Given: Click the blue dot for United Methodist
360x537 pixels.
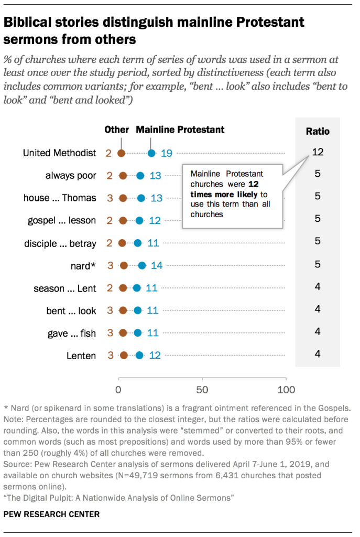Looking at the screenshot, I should tap(151, 153).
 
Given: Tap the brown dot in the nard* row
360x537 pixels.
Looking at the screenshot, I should tap(124, 266).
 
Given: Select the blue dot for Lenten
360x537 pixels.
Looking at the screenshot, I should tap(139, 356).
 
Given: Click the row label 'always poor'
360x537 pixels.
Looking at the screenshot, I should tap(71, 176).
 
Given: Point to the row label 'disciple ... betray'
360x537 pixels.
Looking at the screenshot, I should tap(60, 243).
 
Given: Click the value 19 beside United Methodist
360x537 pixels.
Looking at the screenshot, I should tap(167, 153).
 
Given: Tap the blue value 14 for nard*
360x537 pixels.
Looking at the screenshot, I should tap(157, 266).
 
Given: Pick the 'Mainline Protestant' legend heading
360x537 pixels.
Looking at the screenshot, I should tap(180, 130).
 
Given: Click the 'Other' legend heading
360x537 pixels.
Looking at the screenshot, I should tap(116, 130).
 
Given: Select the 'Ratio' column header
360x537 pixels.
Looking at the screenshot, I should tap(318, 131).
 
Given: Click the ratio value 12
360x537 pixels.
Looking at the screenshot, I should tap(318, 152).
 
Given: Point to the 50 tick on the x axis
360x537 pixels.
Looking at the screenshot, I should tap(202, 390).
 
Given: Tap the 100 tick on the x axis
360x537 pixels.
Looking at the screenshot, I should tap(286, 390).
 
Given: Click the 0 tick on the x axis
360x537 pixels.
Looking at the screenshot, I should tap(119, 390).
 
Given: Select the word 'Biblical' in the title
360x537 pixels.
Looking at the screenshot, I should tap(30, 23).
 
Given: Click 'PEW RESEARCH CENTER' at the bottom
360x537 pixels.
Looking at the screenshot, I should tap(51, 514).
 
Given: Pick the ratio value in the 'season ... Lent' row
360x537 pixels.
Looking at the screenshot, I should tap(318, 287).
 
